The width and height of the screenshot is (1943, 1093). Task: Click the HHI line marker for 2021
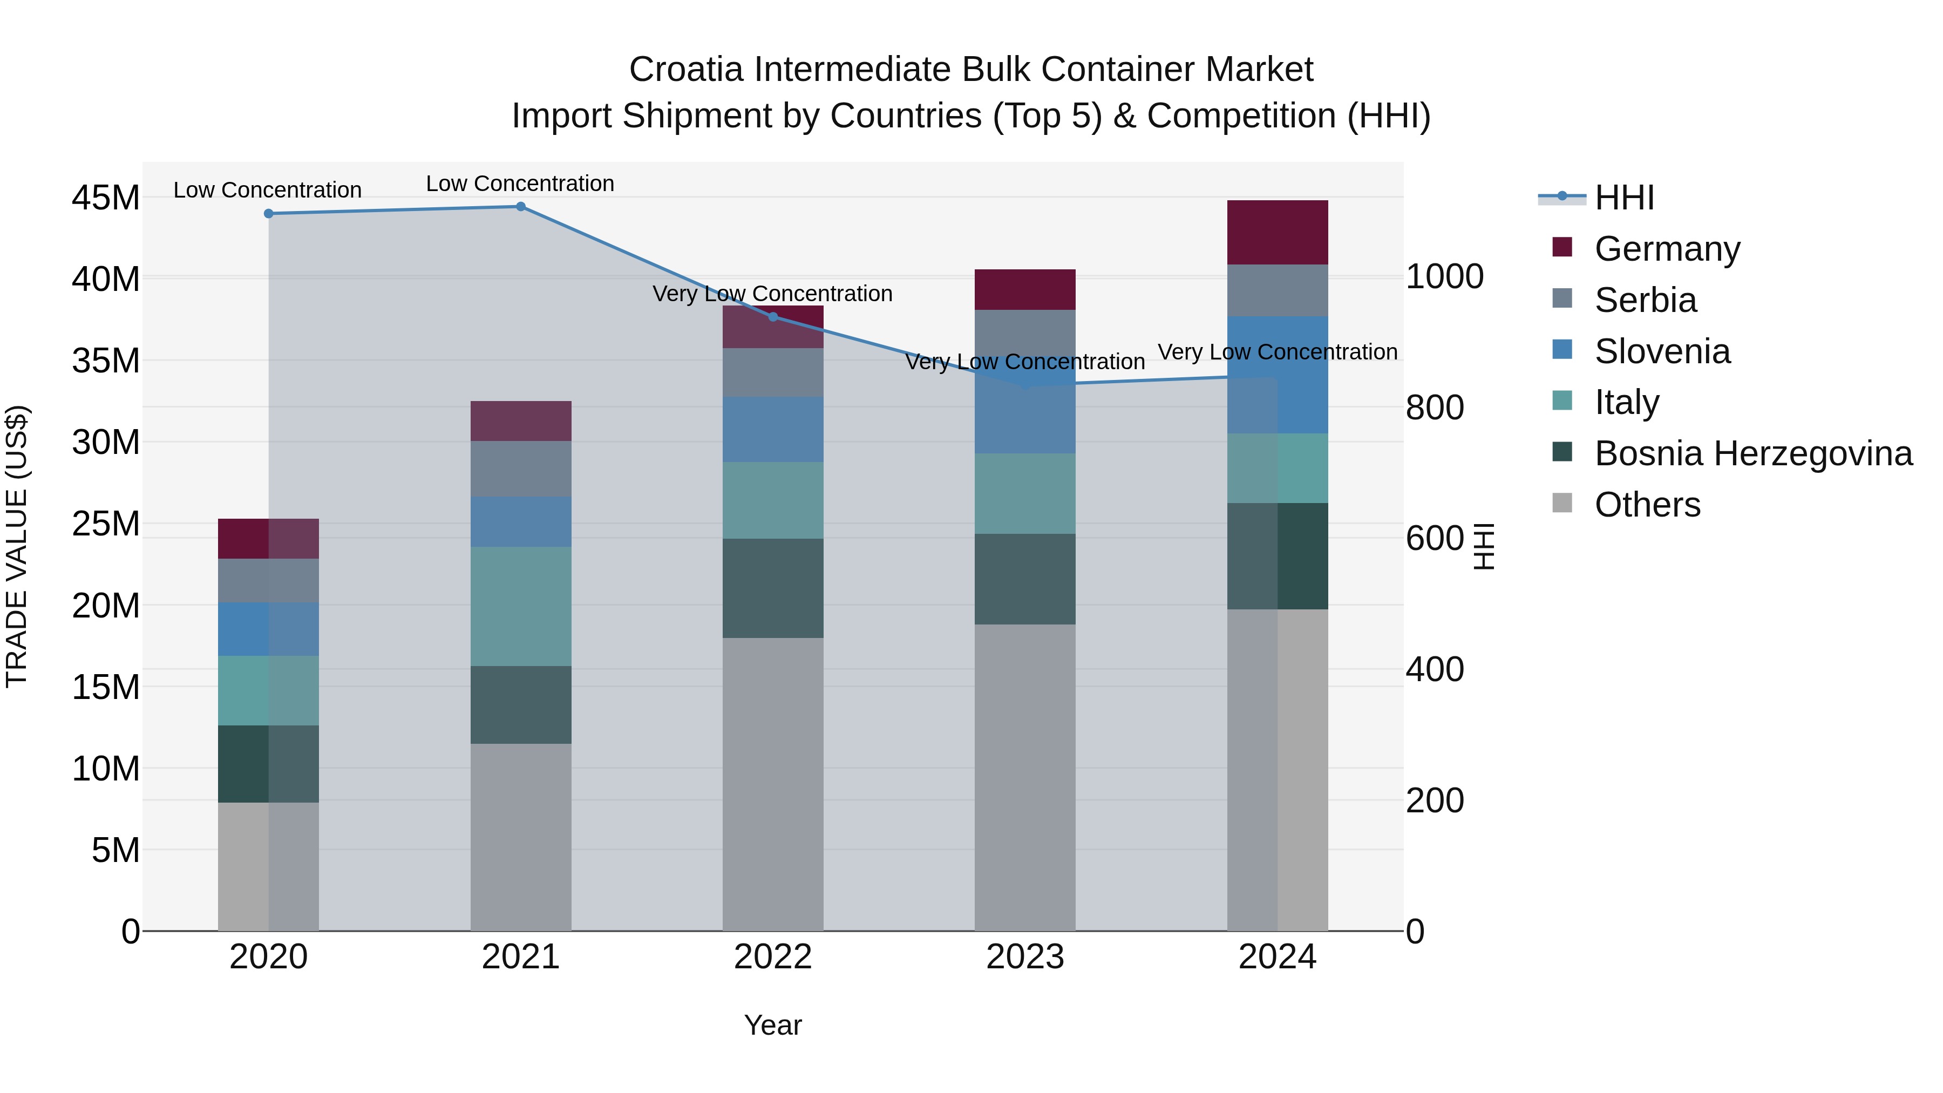(x=520, y=207)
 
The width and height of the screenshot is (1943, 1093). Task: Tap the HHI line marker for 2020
(x=269, y=213)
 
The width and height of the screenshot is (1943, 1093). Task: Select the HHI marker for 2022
(x=772, y=317)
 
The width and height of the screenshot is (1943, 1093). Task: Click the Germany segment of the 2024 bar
(x=1277, y=232)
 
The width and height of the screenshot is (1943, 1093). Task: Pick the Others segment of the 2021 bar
(x=520, y=837)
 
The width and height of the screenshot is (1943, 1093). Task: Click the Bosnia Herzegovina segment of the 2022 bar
(x=772, y=588)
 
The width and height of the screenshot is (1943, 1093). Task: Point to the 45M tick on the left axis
(x=106, y=199)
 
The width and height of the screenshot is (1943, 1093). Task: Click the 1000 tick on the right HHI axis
(x=1444, y=277)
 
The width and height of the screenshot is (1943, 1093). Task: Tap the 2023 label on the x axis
(x=1024, y=957)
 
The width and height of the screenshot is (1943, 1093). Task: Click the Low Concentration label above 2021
(x=520, y=184)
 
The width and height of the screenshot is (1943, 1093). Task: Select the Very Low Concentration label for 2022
(x=772, y=294)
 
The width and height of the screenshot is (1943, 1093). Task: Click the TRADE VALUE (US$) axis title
(x=17, y=546)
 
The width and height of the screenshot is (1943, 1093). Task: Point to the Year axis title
(x=772, y=1025)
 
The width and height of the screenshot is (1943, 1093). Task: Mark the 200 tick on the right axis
(x=1435, y=800)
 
